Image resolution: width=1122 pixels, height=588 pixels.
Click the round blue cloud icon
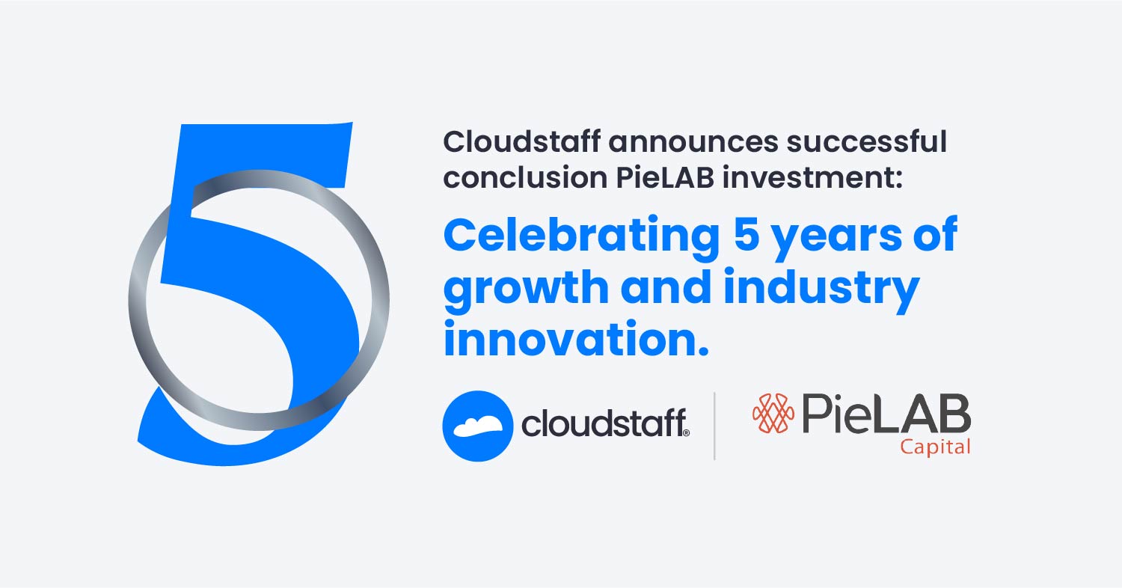(477, 425)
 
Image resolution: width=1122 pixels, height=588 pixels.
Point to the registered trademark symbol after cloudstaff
(685, 432)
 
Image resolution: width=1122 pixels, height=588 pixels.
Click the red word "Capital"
(935, 447)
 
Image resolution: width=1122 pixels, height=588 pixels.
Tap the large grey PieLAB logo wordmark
(886, 414)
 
